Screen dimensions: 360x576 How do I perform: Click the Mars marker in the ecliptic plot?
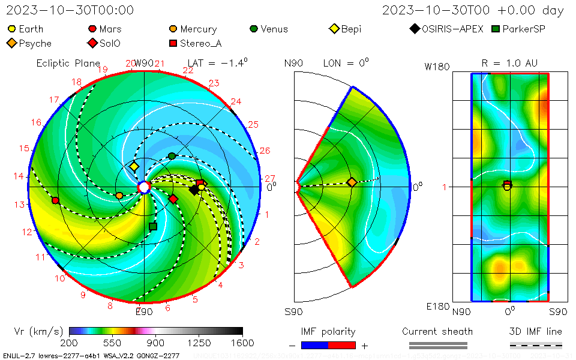pyautogui.click(x=56, y=200)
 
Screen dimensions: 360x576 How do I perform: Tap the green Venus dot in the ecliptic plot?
pyautogui.click(x=172, y=156)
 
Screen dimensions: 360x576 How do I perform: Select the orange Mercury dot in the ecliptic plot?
pyautogui.click(x=119, y=196)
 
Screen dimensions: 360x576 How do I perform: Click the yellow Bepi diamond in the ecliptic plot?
pyautogui.click(x=134, y=166)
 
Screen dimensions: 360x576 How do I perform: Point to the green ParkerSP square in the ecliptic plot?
pyautogui.click(x=153, y=226)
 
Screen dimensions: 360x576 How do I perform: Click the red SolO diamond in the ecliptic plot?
pyautogui.click(x=173, y=199)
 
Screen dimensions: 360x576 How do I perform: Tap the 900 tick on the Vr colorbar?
pyautogui.click(x=156, y=343)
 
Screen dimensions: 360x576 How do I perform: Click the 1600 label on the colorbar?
pyautogui.click(x=242, y=343)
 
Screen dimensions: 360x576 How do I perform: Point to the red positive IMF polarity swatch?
pyautogui.click(x=342, y=345)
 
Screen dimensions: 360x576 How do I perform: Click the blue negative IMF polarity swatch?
pyautogui.click(x=314, y=345)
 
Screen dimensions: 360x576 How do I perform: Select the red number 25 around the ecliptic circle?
pyautogui.click(x=253, y=125)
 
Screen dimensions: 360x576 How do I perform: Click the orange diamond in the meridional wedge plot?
pyautogui.click(x=352, y=182)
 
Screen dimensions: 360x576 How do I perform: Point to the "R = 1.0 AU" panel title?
pyautogui.click(x=509, y=63)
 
